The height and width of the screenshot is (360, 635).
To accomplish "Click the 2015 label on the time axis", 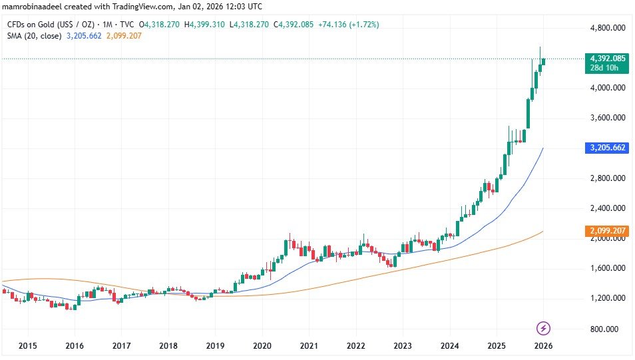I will (x=28, y=346).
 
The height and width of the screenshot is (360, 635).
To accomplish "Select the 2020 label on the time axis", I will (x=262, y=346).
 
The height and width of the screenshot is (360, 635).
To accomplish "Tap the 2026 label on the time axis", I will (x=544, y=346).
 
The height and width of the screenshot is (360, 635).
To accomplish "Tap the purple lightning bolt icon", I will (x=544, y=327).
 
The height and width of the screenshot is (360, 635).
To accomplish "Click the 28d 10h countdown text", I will (x=606, y=68).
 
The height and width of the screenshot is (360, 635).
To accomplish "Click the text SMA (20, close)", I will (x=34, y=35).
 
